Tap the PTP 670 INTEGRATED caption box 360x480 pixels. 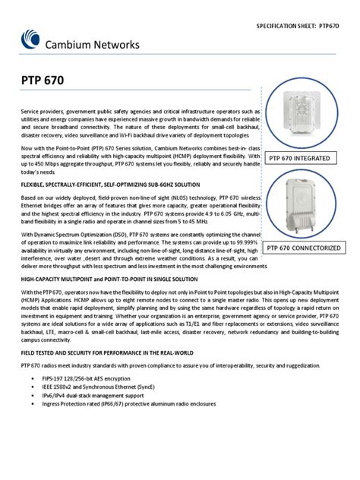coord(300,158)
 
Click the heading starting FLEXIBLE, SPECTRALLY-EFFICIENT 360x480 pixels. coord(111,185)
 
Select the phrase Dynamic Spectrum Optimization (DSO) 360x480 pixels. coord(79,235)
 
